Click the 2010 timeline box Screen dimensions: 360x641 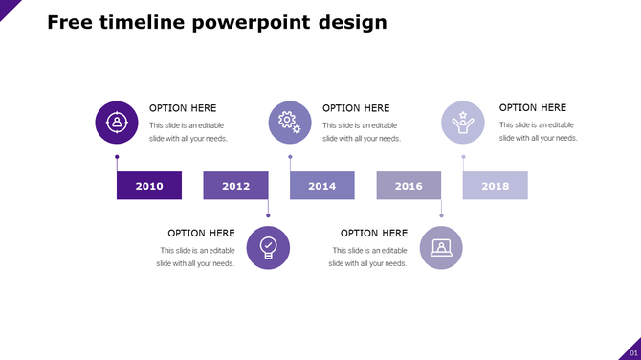[149, 186]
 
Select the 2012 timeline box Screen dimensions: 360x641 [235, 186]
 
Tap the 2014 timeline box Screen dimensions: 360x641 [322, 186]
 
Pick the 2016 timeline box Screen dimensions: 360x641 [409, 186]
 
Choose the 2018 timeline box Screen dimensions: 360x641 [495, 186]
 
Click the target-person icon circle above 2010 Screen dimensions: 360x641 [117, 123]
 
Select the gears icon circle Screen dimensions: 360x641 [290, 123]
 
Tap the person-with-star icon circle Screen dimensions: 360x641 [463, 123]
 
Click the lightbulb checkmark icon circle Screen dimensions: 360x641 [268, 248]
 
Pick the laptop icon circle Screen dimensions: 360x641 [441, 248]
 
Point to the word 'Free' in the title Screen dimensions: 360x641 [70, 22]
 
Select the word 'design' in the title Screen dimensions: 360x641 [354, 22]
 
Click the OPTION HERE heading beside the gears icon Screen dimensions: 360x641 [356, 108]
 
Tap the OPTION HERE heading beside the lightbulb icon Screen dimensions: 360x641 [201, 233]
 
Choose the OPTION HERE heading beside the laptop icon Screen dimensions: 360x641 [374, 233]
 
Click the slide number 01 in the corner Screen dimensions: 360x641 [632, 353]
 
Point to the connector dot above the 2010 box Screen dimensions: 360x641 [117, 156]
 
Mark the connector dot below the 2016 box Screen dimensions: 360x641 [441, 215]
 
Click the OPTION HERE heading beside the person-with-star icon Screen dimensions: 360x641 [533, 108]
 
